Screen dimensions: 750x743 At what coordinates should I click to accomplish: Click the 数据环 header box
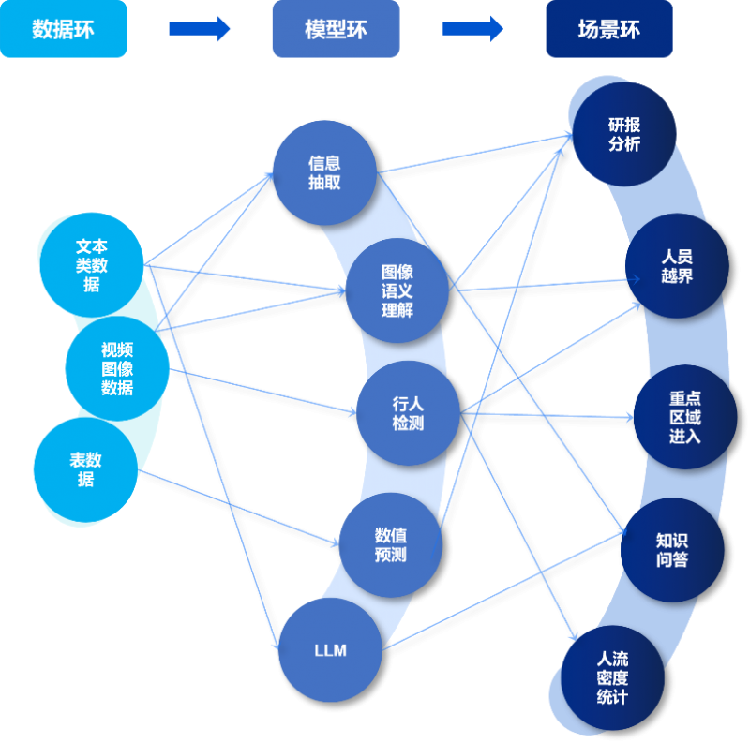point(63,29)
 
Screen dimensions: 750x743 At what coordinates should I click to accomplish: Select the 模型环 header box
point(336,29)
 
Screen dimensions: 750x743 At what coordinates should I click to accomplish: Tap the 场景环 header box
point(609,29)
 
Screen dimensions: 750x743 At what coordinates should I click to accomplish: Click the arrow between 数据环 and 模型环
point(200,29)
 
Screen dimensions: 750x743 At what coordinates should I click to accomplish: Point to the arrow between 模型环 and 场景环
point(472,29)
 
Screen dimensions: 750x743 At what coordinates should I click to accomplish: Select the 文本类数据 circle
point(92,264)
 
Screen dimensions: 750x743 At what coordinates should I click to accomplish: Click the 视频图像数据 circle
point(117,368)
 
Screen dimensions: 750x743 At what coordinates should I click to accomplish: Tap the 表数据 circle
point(85,469)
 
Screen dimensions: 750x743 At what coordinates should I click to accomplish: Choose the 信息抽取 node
point(324,172)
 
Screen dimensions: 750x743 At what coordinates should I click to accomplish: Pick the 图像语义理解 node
point(397,290)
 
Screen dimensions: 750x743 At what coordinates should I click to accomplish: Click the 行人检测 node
point(408,413)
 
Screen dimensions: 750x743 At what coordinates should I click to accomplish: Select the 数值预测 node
point(391,545)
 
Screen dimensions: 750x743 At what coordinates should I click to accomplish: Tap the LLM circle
point(331,649)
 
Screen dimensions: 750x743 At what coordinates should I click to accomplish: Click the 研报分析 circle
point(624,134)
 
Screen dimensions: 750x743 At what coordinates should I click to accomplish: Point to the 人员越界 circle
point(677,266)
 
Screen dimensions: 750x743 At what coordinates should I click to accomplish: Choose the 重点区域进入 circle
point(685,417)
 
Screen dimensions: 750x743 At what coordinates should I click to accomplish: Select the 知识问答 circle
point(672,550)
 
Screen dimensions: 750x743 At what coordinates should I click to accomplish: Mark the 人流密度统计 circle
point(613,677)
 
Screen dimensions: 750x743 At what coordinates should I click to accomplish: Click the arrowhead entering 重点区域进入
point(629,417)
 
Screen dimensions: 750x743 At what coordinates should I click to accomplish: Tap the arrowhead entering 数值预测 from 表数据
point(335,542)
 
